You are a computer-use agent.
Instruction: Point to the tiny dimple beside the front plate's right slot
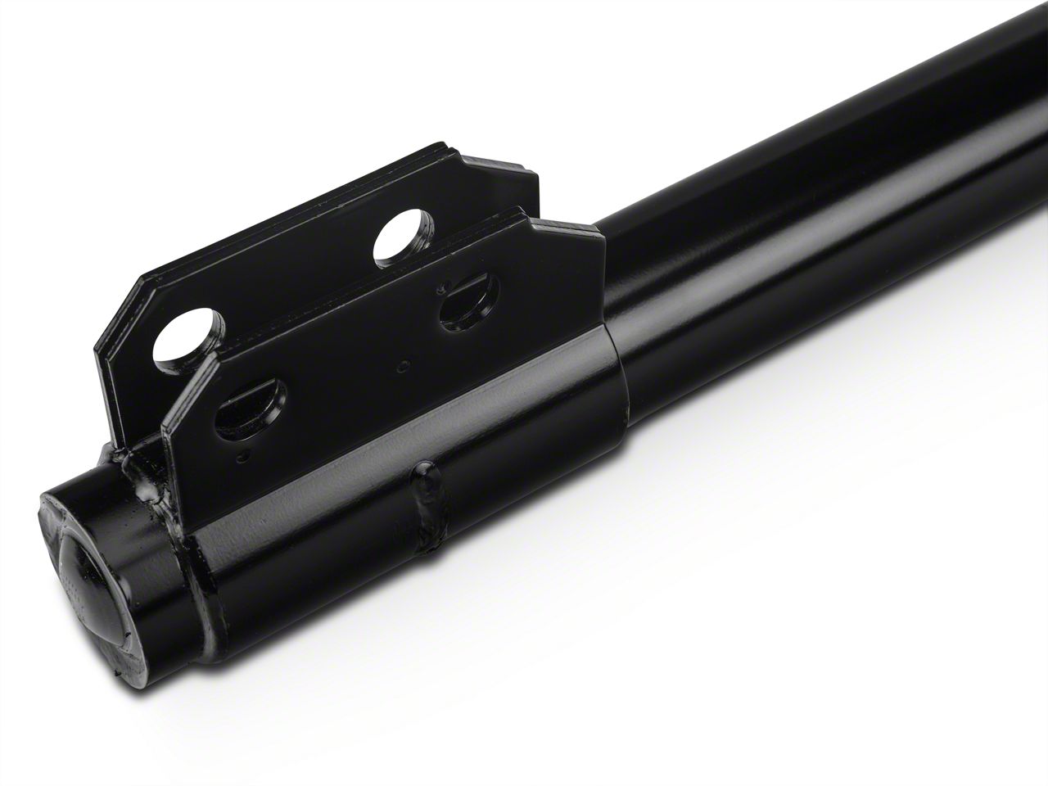click(x=442, y=288)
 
